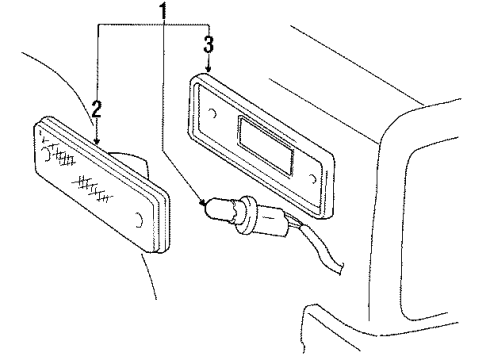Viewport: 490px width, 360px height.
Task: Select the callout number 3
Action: (x=208, y=45)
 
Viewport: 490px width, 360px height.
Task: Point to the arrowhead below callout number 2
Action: (x=96, y=141)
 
